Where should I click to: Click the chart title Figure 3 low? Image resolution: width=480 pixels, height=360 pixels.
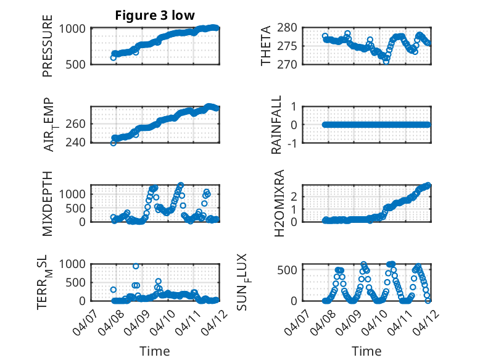tap(155, 15)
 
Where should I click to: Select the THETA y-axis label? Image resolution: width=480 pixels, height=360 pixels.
tap(266, 46)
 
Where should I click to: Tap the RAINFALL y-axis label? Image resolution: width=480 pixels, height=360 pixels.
tap(277, 125)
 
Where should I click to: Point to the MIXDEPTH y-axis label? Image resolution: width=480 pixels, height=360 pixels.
tap(48, 203)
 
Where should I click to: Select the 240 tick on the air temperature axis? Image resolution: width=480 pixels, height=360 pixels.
tap(78, 143)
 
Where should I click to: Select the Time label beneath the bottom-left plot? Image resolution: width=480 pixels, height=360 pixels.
tap(154, 351)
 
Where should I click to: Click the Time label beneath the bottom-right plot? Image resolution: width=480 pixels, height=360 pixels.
tap(366, 351)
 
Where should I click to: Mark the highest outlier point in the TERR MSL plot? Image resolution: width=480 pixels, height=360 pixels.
tap(136, 266)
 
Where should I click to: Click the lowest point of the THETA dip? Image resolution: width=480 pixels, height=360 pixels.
tap(386, 61)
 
